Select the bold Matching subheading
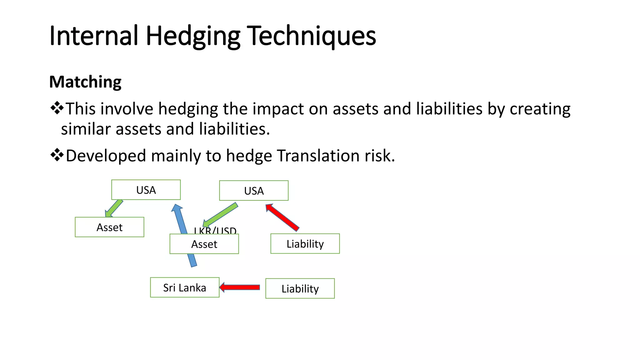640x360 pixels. [x=85, y=82]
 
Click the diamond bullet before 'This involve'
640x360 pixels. [x=57, y=108]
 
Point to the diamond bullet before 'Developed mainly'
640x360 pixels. [x=57, y=155]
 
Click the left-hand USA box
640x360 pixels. [x=146, y=190]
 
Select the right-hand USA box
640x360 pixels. [x=254, y=191]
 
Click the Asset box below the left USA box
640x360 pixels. [x=109, y=227]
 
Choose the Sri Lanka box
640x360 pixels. [x=184, y=287]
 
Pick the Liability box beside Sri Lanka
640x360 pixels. [x=300, y=288]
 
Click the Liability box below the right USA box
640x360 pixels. [x=305, y=244]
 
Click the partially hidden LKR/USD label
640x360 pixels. [x=215, y=231]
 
